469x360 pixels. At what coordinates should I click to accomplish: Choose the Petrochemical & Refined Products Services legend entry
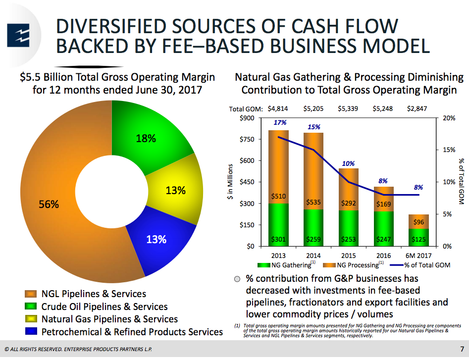coord(132,332)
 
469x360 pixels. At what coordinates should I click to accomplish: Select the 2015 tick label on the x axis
coord(348,256)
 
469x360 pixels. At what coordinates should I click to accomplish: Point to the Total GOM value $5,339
coord(348,108)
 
